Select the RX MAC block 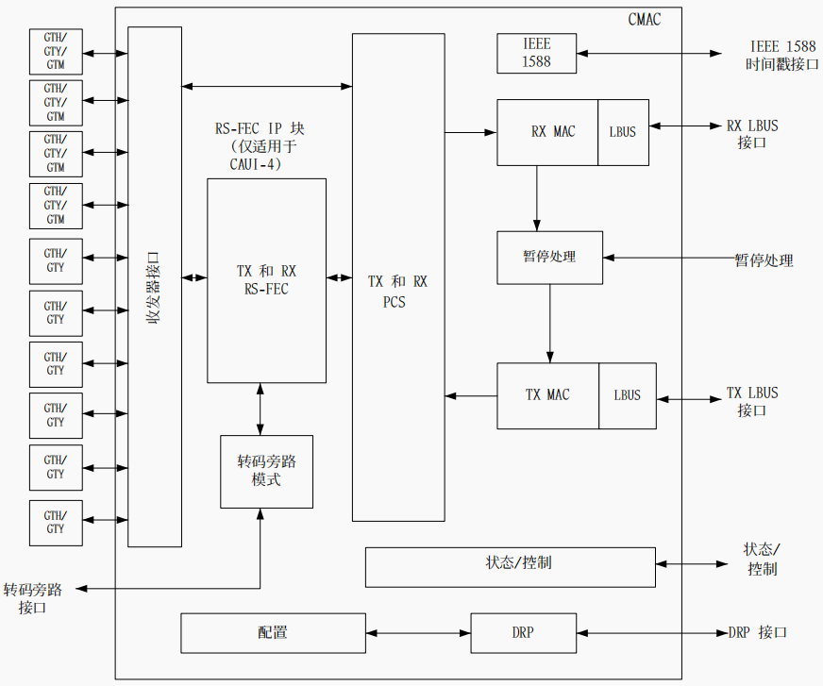547,132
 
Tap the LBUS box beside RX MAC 623,132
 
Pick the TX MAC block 547,395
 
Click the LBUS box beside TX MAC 627,395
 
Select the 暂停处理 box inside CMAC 549,258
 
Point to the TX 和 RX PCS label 397,292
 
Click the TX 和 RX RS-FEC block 266,280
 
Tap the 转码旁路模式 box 266,471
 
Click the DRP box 522,632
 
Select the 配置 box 272,632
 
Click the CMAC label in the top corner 644,19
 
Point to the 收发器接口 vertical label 154,288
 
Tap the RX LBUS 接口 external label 752,134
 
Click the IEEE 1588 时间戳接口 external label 782,56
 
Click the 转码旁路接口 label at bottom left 33,598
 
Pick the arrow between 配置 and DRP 417,632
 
